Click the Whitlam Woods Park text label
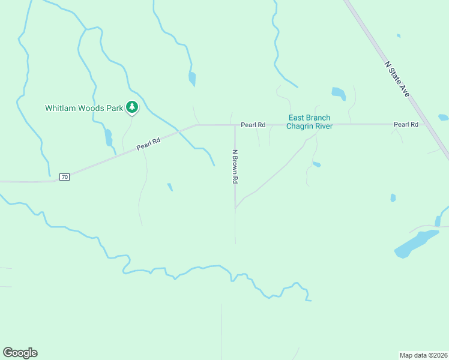[83, 109]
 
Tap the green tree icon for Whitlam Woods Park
[132, 108]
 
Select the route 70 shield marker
[65, 177]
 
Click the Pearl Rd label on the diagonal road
[148, 143]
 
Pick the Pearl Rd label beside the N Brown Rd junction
[253, 125]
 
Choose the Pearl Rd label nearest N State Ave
[406, 124]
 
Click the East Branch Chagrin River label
[309, 122]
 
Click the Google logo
[20, 353]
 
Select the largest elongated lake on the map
[415, 244]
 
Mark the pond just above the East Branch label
[339, 94]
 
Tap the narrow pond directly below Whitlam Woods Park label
[109, 137]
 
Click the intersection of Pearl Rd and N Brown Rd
[234, 125]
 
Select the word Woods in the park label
[91, 109]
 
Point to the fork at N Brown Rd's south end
[235, 208]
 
